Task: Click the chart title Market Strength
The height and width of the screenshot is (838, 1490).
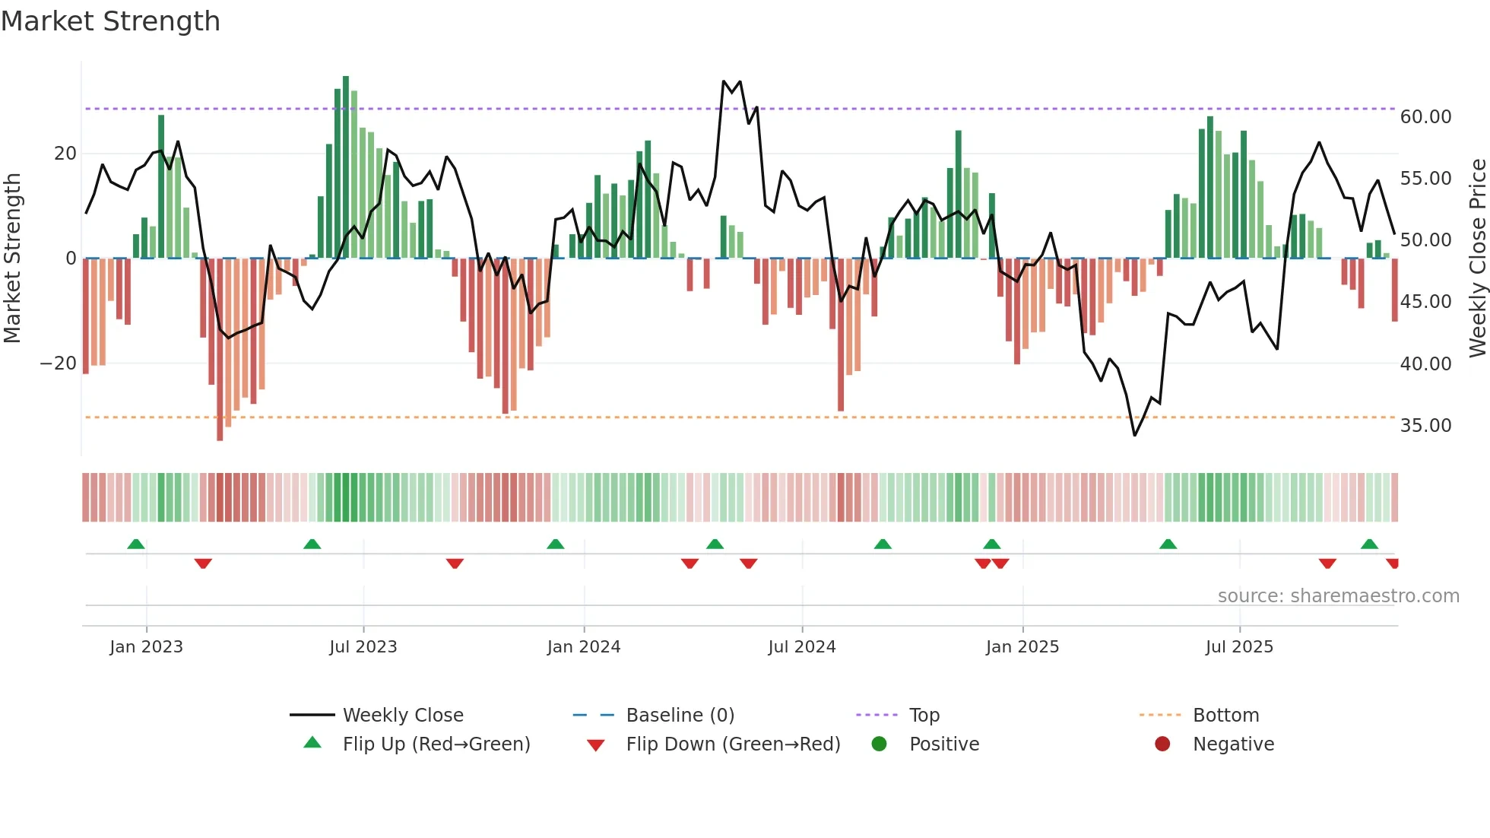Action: click(x=110, y=21)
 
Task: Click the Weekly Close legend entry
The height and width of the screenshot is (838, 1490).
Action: click(x=402, y=715)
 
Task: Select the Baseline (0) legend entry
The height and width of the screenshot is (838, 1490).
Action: click(x=680, y=715)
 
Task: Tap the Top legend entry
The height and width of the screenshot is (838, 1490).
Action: click(x=924, y=715)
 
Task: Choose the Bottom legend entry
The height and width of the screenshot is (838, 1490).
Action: click(x=1225, y=715)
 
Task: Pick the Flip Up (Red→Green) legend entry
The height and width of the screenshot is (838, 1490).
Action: click(x=436, y=744)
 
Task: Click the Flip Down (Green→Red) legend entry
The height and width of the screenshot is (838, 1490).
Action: click(x=733, y=744)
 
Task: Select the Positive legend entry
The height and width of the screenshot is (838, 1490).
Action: click(x=943, y=744)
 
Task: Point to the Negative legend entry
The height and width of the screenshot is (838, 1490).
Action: click(x=1233, y=744)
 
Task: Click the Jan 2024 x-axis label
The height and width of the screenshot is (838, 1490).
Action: click(x=584, y=647)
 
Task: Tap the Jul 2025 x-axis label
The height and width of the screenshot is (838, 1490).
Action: click(x=1239, y=647)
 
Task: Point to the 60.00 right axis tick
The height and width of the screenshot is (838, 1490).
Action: click(x=1425, y=117)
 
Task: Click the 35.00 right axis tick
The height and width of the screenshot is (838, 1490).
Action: click(x=1425, y=426)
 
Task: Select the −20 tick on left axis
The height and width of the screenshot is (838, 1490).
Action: click(x=59, y=363)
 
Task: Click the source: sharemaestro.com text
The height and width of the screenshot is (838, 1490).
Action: click(x=1338, y=596)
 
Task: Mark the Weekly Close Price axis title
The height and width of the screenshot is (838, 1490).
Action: click(x=1477, y=259)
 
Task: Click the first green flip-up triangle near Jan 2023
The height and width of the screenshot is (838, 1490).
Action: click(x=136, y=544)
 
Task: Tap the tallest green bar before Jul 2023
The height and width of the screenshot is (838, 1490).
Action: click(x=346, y=167)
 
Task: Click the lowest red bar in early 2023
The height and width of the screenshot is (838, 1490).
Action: click(x=220, y=350)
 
